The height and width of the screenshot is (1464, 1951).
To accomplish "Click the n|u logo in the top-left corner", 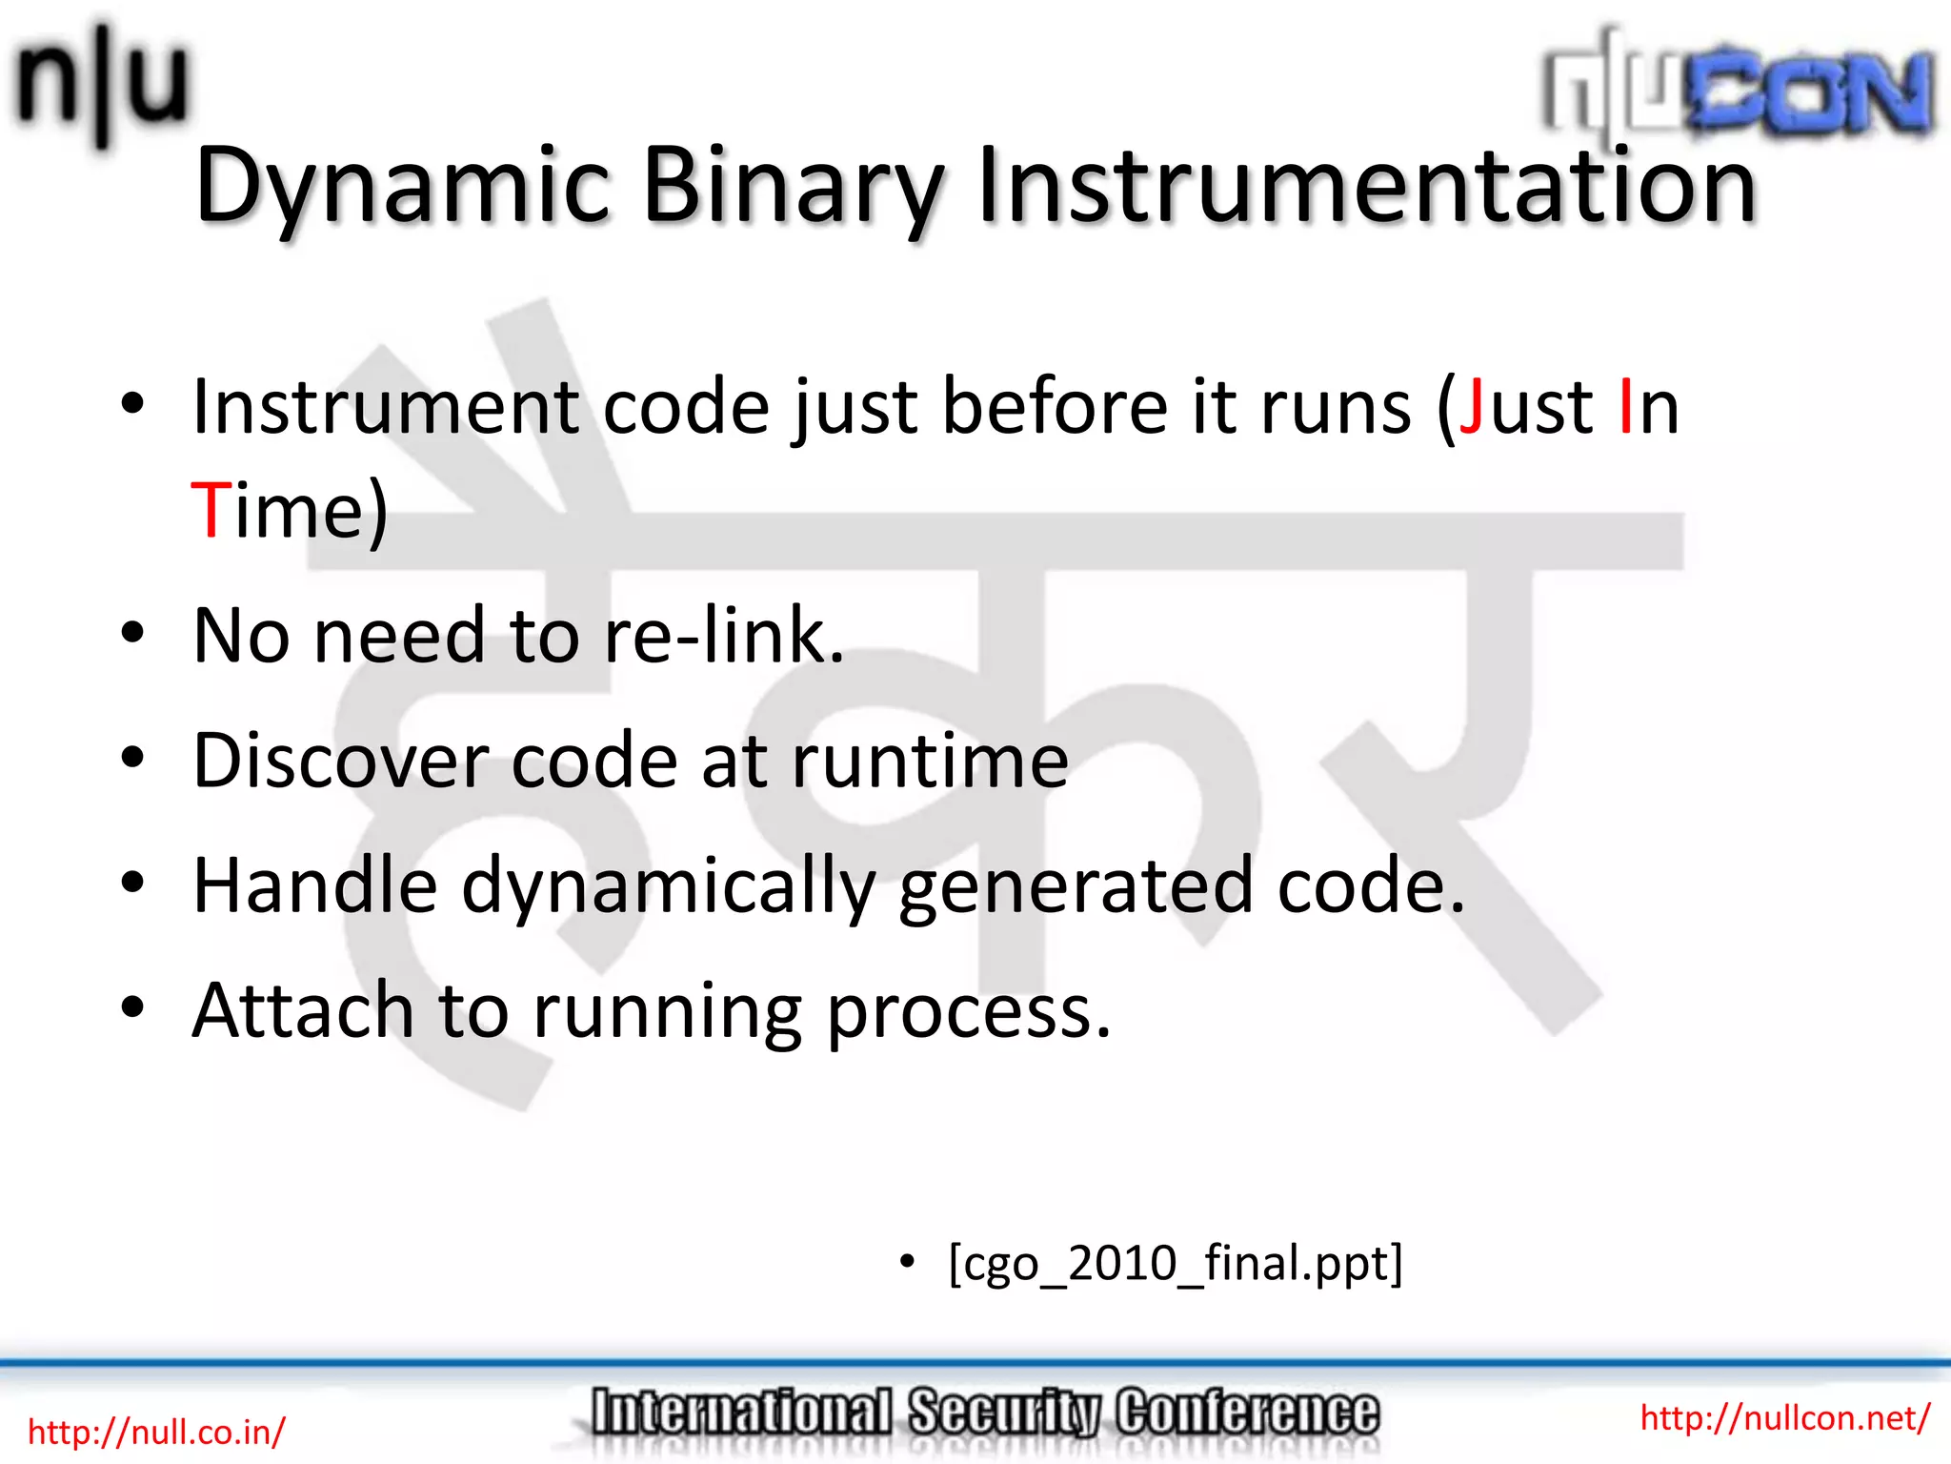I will tap(100, 84).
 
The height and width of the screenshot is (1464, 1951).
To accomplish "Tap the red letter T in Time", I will tap(210, 510).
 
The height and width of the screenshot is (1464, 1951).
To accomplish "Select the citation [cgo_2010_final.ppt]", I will tap(1176, 1264).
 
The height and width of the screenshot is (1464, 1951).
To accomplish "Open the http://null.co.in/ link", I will tap(156, 1432).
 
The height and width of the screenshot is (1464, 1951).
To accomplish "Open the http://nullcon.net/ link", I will tap(1784, 1418).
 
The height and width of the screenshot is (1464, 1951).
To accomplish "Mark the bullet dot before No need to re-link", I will tap(132, 633).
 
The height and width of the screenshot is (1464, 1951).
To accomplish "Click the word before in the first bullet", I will tap(1055, 408).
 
